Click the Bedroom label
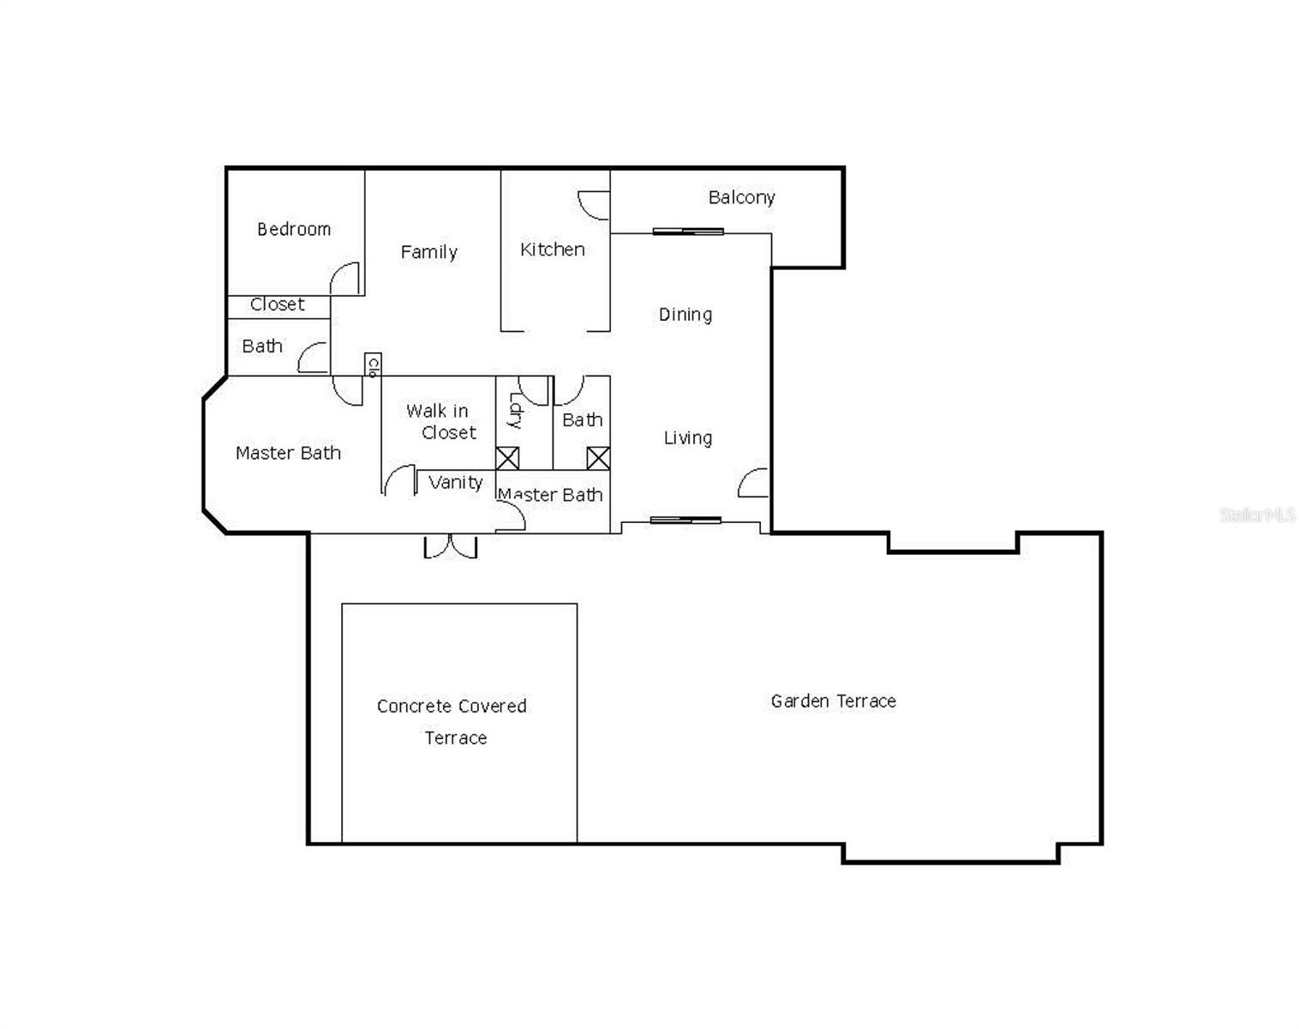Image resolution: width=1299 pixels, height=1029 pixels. tap(294, 229)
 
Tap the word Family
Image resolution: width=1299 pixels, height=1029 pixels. tap(428, 251)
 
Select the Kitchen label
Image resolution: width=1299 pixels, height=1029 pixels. tap(553, 250)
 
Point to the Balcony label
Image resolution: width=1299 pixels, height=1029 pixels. tap(741, 197)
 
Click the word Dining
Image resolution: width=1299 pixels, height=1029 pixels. tap(685, 315)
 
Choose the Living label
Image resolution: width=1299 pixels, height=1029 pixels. tap(687, 438)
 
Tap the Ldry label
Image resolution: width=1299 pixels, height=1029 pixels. tap(515, 410)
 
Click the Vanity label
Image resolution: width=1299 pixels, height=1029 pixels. tap(455, 482)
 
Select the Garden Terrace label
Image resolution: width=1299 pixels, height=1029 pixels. tap(833, 701)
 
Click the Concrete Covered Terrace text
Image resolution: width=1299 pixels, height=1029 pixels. tap(452, 721)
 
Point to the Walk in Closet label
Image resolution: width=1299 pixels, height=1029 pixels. tap(440, 422)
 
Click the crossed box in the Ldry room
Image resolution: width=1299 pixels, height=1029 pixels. tap(507, 458)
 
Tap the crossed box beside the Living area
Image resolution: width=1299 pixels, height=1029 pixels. tap(598, 458)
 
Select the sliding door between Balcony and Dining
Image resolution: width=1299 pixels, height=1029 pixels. tap(688, 232)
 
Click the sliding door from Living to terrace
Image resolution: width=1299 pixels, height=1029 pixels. tap(685, 520)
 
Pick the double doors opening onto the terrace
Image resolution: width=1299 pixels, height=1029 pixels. tap(450, 546)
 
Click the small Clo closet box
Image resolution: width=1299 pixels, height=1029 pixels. tap(372, 365)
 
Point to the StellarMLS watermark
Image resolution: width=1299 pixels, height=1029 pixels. tap(1257, 514)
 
